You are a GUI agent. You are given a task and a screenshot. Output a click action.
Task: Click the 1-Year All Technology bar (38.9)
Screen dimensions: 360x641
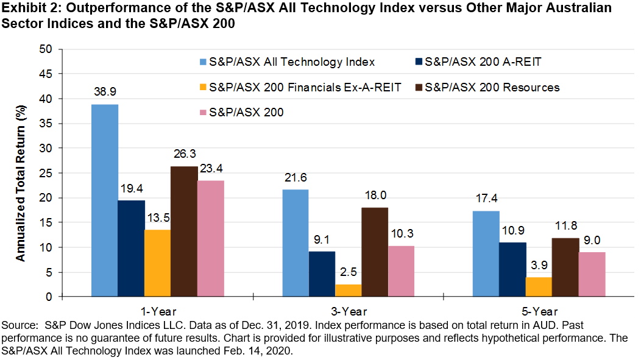pyautogui.click(x=105, y=200)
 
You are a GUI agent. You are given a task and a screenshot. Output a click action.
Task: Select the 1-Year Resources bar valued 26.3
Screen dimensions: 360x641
pyautogui.click(x=184, y=231)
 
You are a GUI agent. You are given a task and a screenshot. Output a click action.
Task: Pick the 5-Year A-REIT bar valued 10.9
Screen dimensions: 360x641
pyautogui.click(x=512, y=269)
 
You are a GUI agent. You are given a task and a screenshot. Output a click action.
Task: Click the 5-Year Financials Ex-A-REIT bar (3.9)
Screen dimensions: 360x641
pyautogui.click(x=539, y=287)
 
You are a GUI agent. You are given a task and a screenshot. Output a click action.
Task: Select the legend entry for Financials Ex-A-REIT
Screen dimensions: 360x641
pyautogui.click(x=305, y=87)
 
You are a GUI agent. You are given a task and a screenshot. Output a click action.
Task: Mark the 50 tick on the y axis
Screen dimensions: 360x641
pyautogui.click(x=48, y=49)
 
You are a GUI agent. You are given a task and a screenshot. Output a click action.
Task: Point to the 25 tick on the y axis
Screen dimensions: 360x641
pyautogui.click(x=48, y=173)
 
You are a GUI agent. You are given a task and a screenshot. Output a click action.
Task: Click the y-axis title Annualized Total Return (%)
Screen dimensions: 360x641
pyautogui.click(x=21, y=173)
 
